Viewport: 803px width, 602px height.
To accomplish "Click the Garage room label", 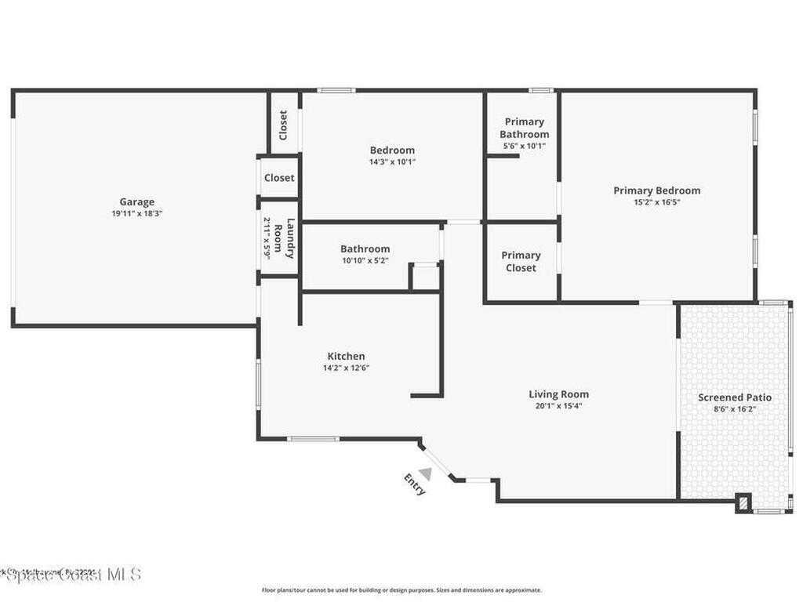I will pyautogui.click(x=136, y=201).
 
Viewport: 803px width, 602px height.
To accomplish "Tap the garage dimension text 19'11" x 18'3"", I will pyautogui.click(x=136, y=213).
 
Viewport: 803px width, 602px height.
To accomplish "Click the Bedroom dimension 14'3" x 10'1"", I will pyautogui.click(x=392, y=162).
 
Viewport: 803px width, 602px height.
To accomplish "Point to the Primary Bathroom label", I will pyautogui.click(x=524, y=128).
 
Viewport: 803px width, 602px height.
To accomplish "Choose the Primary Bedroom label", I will pyautogui.click(x=656, y=190).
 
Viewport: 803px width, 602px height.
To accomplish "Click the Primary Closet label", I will pyautogui.click(x=521, y=261).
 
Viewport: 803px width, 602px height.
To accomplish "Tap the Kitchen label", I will pyautogui.click(x=346, y=356).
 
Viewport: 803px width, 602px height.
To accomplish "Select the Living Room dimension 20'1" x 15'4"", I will pyautogui.click(x=558, y=406).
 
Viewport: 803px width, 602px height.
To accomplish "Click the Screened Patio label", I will pyautogui.click(x=735, y=397).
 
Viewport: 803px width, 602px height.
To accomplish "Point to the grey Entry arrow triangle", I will pyautogui.click(x=425, y=473).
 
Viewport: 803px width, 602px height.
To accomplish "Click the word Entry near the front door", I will pyautogui.click(x=415, y=484).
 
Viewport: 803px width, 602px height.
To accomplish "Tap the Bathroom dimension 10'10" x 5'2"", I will pyautogui.click(x=365, y=261).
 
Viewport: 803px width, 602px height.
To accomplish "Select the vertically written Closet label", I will pyautogui.click(x=284, y=125).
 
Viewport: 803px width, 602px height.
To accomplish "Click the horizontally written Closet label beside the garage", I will pyautogui.click(x=279, y=178).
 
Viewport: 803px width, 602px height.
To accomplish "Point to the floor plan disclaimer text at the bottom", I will pyautogui.click(x=401, y=590).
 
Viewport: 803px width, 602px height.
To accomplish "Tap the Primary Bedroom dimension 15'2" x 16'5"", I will pyautogui.click(x=656, y=202).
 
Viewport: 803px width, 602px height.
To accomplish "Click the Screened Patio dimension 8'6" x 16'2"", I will pyautogui.click(x=735, y=409).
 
